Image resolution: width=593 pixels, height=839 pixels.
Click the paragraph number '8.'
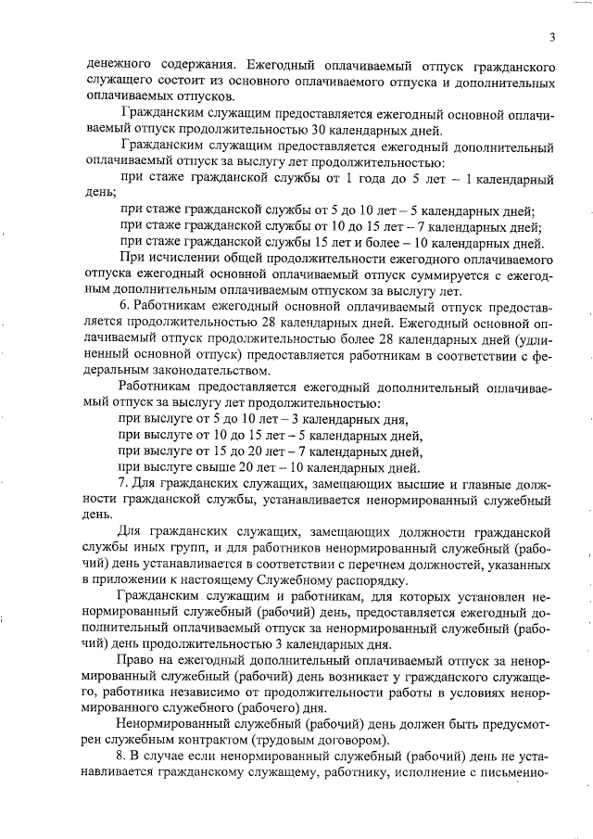(125, 764)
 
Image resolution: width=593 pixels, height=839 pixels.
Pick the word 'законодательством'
(148, 369)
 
